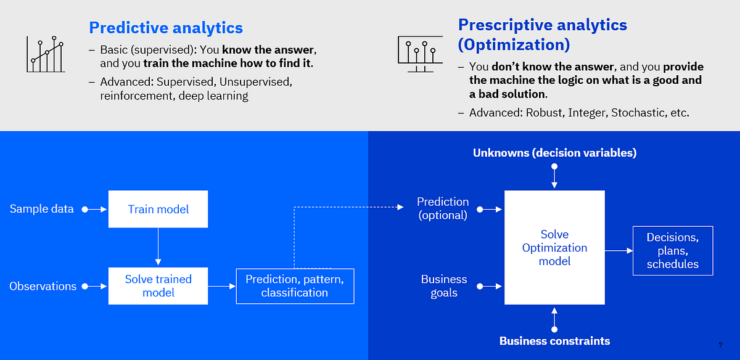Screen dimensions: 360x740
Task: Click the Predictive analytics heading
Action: (x=166, y=28)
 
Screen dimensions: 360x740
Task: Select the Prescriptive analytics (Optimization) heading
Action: (x=542, y=35)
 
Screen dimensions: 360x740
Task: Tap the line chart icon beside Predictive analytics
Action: (x=45, y=54)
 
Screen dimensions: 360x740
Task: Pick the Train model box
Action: (x=158, y=209)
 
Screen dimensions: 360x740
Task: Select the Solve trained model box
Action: (x=158, y=286)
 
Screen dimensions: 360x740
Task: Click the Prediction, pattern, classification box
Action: (x=295, y=286)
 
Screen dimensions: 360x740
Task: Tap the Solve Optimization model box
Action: (x=554, y=248)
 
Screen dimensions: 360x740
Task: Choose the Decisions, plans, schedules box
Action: (x=672, y=251)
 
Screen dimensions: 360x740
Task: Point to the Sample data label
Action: (x=41, y=209)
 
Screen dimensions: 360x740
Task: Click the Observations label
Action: (x=43, y=286)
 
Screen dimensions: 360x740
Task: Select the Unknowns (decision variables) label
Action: (x=554, y=152)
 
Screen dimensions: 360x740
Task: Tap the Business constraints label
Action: (x=554, y=341)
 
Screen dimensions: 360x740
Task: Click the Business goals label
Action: (x=444, y=286)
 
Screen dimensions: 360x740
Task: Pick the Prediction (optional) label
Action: (x=443, y=208)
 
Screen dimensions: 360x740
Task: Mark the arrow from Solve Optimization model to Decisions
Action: (x=619, y=251)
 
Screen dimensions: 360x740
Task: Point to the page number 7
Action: (x=720, y=345)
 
